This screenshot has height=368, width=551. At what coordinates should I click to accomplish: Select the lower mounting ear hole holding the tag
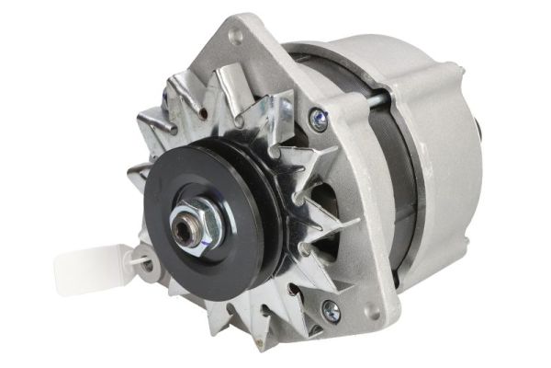(147, 261)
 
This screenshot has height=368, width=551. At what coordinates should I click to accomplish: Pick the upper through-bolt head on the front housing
(319, 117)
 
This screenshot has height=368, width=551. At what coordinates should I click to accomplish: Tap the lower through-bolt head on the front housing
(331, 312)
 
